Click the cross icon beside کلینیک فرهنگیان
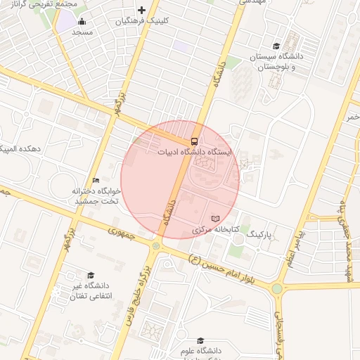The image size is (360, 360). click(142, 10)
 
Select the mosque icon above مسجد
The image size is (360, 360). click(82, 21)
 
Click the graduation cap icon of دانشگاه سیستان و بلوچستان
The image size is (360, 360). click(276, 45)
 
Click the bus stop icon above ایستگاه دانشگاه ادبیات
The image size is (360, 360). click(195, 140)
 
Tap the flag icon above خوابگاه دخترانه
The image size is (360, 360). click(96, 181)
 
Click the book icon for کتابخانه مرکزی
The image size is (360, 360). click(215, 219)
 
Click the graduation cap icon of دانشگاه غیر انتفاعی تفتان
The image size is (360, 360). click(90, 276)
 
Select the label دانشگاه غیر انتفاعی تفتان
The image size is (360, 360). click(88, 291)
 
